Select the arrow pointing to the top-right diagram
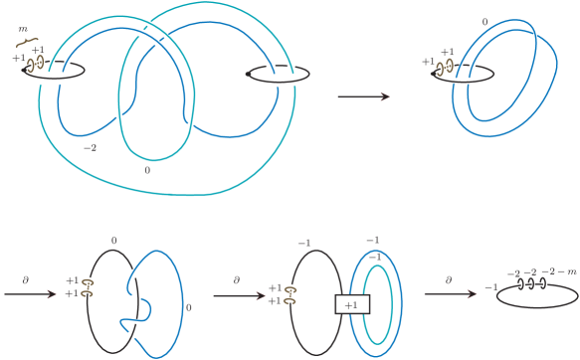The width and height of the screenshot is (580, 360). (363, 97)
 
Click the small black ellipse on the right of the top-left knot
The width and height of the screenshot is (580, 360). (271, 73)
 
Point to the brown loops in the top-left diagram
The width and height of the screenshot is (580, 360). (36, 65)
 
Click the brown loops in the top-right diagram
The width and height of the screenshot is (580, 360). (445, 67)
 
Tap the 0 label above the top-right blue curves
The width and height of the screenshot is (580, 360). (484, 20)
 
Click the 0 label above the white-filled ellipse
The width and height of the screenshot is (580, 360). (113, 241)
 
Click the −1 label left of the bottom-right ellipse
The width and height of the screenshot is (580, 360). (489, 287)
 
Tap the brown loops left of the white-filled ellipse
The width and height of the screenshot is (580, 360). (88, 288)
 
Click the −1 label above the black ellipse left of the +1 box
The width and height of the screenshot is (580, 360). (304, 244)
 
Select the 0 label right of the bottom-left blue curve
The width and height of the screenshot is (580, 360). (189, 307)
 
